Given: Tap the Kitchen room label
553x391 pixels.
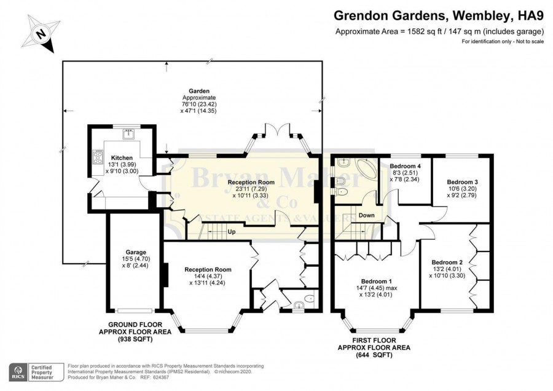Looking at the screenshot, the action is coord(122,158).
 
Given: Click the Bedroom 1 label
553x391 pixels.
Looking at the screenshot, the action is coord(376,281).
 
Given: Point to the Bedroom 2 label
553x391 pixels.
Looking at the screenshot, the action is coord(447,262).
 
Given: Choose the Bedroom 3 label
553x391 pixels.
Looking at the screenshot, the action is coord(462,182).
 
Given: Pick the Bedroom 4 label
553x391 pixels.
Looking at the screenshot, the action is coord(406,166).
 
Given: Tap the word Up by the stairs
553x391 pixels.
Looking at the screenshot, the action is coord(232,232).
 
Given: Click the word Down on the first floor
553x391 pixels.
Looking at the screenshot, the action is coord(366,215).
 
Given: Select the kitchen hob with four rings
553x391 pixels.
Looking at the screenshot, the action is coord(98,157).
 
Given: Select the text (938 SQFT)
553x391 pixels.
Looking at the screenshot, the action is coord(135,339).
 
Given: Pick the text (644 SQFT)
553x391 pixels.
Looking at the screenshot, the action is coord(374,355).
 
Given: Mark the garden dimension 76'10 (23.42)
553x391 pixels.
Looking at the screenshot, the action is coord(199,104).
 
